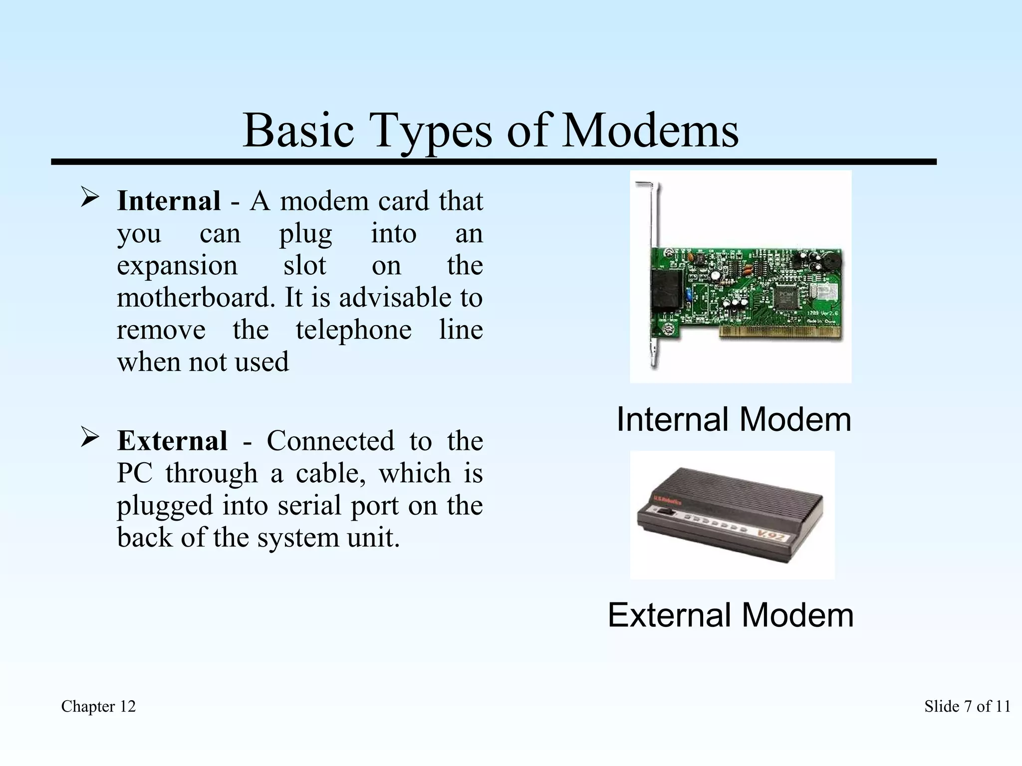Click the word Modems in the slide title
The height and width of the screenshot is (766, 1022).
click(x=650, y=131)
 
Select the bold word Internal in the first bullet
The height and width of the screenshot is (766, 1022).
click(x=169, y=201)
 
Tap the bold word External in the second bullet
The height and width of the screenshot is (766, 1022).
click(x=172, y=441)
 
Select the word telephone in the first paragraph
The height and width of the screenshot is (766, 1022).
click(x=353, y=330)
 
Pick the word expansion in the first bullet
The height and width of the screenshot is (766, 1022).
click(x=177, y=265)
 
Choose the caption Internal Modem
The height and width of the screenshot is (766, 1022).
click(x=734, y=419)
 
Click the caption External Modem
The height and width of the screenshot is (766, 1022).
click(x=731, y=615)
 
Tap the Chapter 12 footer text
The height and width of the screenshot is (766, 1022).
click(x=98, y=706)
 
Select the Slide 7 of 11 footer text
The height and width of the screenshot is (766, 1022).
click(x=967, y=706)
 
